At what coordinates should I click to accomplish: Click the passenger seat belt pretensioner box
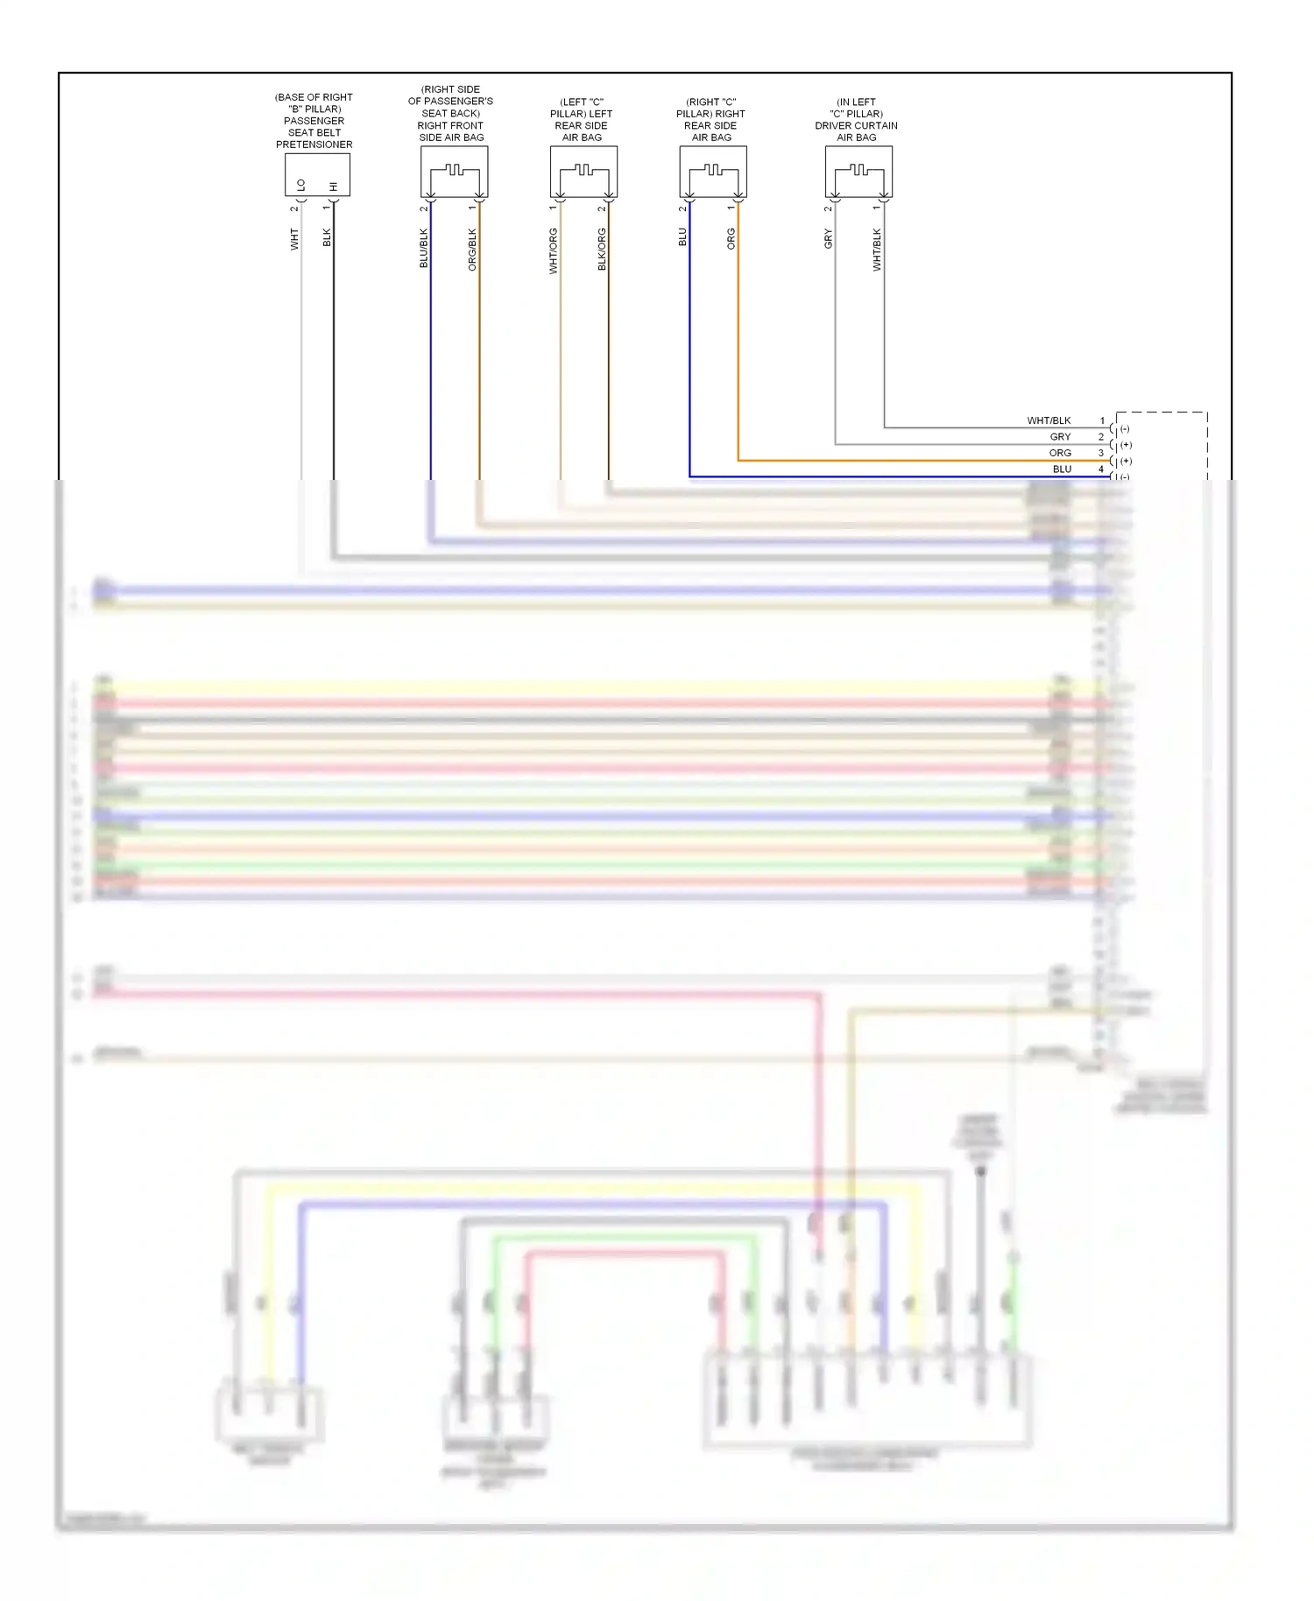(x=317, y=174)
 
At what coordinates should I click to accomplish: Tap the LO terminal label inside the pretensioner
(x=301, y=185)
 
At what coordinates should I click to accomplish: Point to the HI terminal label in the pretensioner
(x=333, y=186)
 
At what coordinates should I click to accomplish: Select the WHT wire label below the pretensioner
(x=294, y=239)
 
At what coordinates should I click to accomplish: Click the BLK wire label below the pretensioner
(x=327, y=236)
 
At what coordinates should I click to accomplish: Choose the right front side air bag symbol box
(x=454, y=172)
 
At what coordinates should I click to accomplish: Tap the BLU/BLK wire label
(x=424, y=248)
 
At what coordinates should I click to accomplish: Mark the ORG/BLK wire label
(x=472, y=249)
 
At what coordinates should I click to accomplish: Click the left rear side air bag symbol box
(x=583, y=172)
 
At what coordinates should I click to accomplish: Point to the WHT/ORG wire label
(x=554, y=250)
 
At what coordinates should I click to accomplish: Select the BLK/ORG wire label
(x=602, y=249)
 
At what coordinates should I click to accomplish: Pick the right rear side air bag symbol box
(x=713, y=172)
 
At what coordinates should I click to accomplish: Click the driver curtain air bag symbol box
(x=858, y=172)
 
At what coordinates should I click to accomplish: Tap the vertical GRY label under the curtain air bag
(x=828, y=238)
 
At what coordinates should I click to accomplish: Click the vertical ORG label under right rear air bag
(x=731, y=238)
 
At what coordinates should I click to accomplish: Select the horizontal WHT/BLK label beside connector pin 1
(x=1049, y=420)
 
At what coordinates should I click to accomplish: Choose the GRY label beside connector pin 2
(x=1060, y=436)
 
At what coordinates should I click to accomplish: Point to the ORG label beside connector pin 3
(x=1060, y=453)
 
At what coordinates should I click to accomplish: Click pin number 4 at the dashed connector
(x=1101, y=469)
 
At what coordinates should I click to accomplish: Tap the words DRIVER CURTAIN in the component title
(x=856, y=125)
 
